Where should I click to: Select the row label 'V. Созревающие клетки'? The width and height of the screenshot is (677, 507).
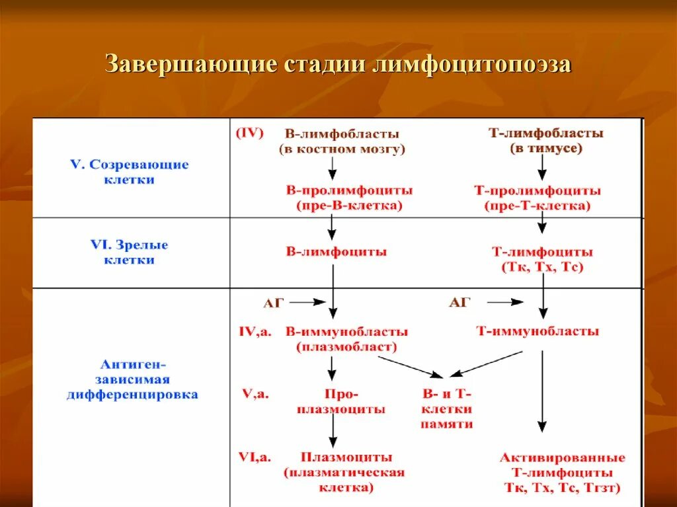click(x=130, y=172)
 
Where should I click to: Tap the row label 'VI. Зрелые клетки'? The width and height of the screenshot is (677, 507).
click(x=130, y=253)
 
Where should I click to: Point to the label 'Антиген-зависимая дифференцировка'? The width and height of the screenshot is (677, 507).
click(x=132, y=379)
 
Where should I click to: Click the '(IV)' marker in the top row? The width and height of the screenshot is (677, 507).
click(x=249, y=133)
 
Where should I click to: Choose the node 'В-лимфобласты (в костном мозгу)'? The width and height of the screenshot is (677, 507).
click(x=342, y=141)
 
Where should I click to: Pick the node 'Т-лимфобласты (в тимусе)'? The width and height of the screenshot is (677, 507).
click(x=545, y=141)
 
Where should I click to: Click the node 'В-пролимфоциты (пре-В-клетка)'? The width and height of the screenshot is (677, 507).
click(x=349, y=198)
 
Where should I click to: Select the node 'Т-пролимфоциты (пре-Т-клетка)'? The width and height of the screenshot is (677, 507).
click(x=538, y=198)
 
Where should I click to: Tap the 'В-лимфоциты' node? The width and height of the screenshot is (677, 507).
click(x=336, y=252)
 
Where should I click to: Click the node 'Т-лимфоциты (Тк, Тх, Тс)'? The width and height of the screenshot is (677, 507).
click(x=542, y=259)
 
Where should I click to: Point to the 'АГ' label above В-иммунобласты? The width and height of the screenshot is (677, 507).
click(x=274, y=302)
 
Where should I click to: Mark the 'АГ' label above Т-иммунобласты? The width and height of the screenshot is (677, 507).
click(x=459, y=302)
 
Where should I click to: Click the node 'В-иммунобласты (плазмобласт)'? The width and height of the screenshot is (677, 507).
click(x=346, y=338)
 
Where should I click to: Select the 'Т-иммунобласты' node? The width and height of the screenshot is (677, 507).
click(x=538, y=331)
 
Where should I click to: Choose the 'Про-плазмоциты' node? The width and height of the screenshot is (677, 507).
click(x=341, y=401)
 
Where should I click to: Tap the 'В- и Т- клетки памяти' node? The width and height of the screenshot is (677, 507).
click(x=446, y=409)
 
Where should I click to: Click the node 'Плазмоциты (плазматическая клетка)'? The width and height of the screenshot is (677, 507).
click(x=344, y=472)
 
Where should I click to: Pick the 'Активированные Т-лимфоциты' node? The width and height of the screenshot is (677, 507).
click(x=562, y=473)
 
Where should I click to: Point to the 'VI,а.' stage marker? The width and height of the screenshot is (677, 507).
click(x=255, y=456)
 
